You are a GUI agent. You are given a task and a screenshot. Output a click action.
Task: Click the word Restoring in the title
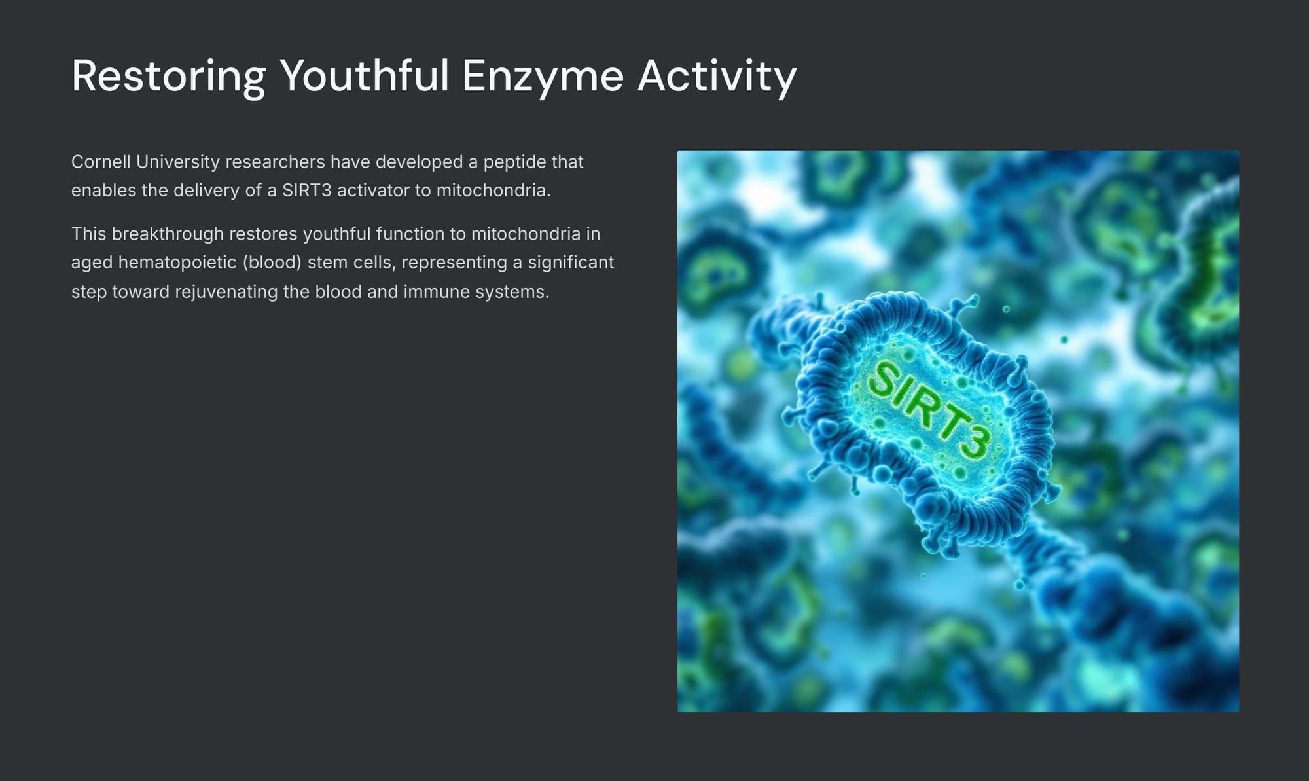click(x=169, y=77)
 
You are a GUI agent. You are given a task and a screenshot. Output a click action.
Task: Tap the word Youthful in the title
click(x=365, y=75)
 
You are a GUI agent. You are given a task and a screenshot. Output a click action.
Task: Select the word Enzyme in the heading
click(x=543, y=77)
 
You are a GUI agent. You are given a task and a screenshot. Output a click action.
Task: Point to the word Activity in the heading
click(x=717, y=77)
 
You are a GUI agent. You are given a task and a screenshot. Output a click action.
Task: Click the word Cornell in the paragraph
click(x=101, y=162)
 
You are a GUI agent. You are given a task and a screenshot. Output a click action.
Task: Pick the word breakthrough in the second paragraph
click(x=168, y=234)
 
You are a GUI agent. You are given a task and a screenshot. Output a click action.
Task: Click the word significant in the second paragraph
click(x=571, y=263)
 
